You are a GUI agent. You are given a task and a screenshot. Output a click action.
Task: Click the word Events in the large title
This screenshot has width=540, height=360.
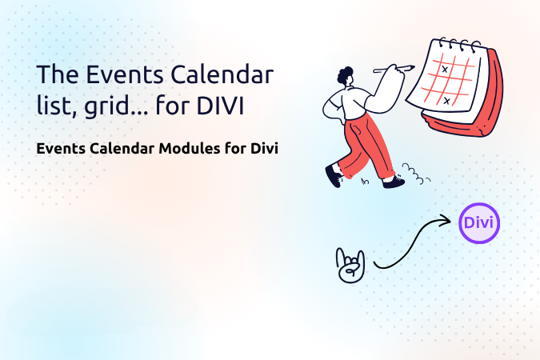point(125,74)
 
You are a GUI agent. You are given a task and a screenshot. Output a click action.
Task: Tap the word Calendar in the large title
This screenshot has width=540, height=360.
point(222,74)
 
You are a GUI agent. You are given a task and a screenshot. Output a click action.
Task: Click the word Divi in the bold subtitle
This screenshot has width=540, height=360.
point(264,149)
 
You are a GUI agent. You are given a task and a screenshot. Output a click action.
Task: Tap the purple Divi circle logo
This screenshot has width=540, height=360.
point(479,223)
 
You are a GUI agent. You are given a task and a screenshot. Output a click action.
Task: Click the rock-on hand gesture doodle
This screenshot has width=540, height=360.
point(350,266)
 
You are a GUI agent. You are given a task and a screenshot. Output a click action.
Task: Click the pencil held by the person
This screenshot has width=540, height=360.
point(394,69)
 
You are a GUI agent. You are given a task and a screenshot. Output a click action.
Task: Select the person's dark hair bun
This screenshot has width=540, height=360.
point(345,75)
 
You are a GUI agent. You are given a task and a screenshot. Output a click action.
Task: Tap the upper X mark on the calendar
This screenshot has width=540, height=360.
point(445,70)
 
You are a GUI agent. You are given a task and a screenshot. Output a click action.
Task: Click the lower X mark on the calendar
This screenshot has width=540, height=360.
point(446,101)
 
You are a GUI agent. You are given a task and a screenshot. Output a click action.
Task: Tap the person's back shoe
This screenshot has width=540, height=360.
point(334,175)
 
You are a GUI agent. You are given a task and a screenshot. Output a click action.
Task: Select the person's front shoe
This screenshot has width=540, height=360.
point(394,182)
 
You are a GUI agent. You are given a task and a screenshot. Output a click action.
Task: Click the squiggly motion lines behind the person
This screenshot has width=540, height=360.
point(416,174)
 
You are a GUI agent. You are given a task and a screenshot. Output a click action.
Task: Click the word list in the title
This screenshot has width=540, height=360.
point(56,106)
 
